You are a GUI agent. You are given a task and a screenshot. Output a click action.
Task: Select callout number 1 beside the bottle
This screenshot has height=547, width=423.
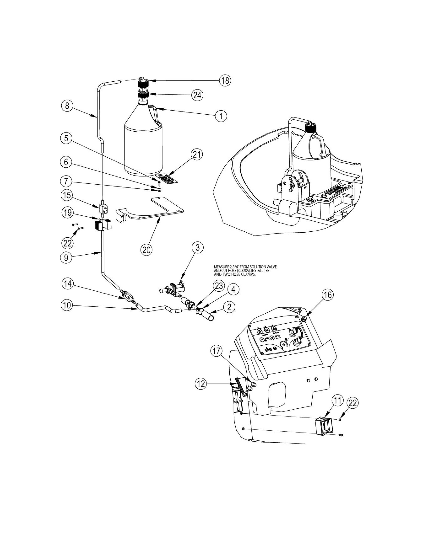coord(221,116)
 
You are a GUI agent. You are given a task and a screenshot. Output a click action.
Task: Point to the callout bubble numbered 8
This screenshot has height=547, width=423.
coord(67,106)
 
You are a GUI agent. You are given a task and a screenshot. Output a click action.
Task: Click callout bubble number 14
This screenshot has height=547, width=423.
coord(67,284)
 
